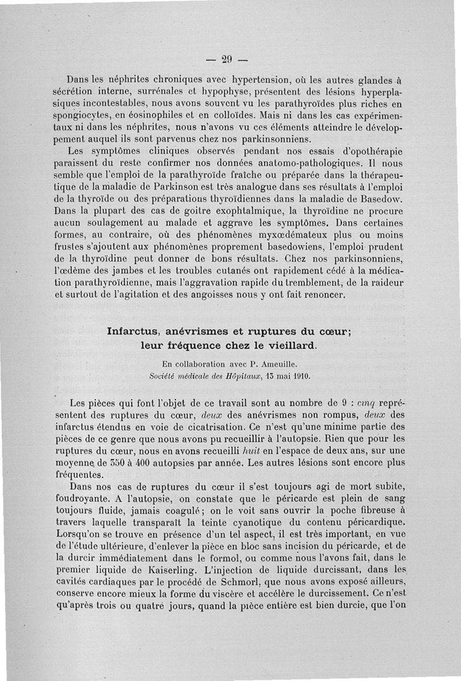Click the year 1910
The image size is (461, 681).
click(x=300, y=377)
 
